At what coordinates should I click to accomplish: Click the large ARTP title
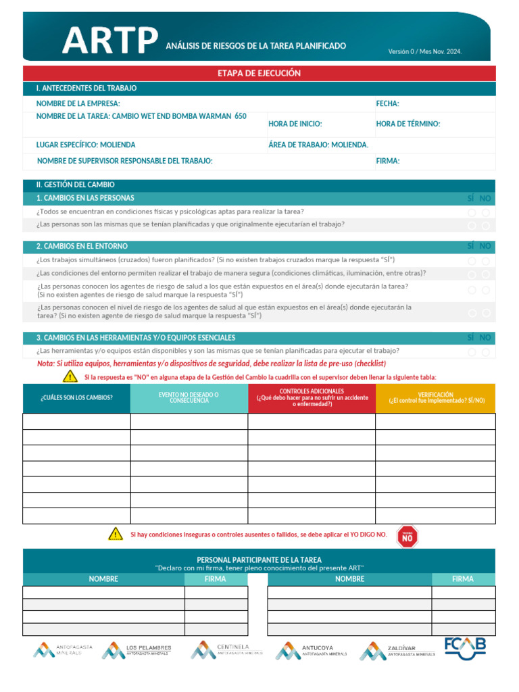point(110,42)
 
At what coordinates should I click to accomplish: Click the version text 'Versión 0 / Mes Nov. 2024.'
point(424,51)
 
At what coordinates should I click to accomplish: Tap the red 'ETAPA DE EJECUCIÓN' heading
point(259,73)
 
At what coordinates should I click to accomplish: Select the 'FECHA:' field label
point(387,103)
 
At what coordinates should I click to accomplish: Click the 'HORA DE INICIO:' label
point(295,124)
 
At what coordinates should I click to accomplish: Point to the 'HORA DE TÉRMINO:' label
point(407,124)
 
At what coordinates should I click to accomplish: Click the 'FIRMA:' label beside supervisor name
point(387,161)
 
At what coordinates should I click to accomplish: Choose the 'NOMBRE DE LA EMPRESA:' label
point(78,103)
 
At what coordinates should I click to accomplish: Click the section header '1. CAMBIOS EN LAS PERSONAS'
point(85,198)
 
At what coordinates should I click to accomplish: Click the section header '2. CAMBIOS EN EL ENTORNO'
point(82,246)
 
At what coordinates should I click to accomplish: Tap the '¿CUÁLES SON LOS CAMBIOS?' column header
point(76,397)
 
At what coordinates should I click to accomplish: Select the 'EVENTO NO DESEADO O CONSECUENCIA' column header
point(189,397)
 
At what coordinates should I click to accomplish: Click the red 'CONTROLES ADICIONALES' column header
point(312,397)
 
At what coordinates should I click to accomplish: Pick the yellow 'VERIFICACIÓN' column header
point(435,397)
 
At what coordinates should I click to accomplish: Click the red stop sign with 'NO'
point(407,536)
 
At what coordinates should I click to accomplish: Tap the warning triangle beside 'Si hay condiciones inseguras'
point(116,534)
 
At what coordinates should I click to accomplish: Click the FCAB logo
point(465,647)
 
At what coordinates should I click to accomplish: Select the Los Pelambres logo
point(137,650)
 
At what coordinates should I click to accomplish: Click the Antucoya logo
point(311,651)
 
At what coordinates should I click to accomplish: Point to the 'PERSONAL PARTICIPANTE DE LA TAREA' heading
point(259,560)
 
